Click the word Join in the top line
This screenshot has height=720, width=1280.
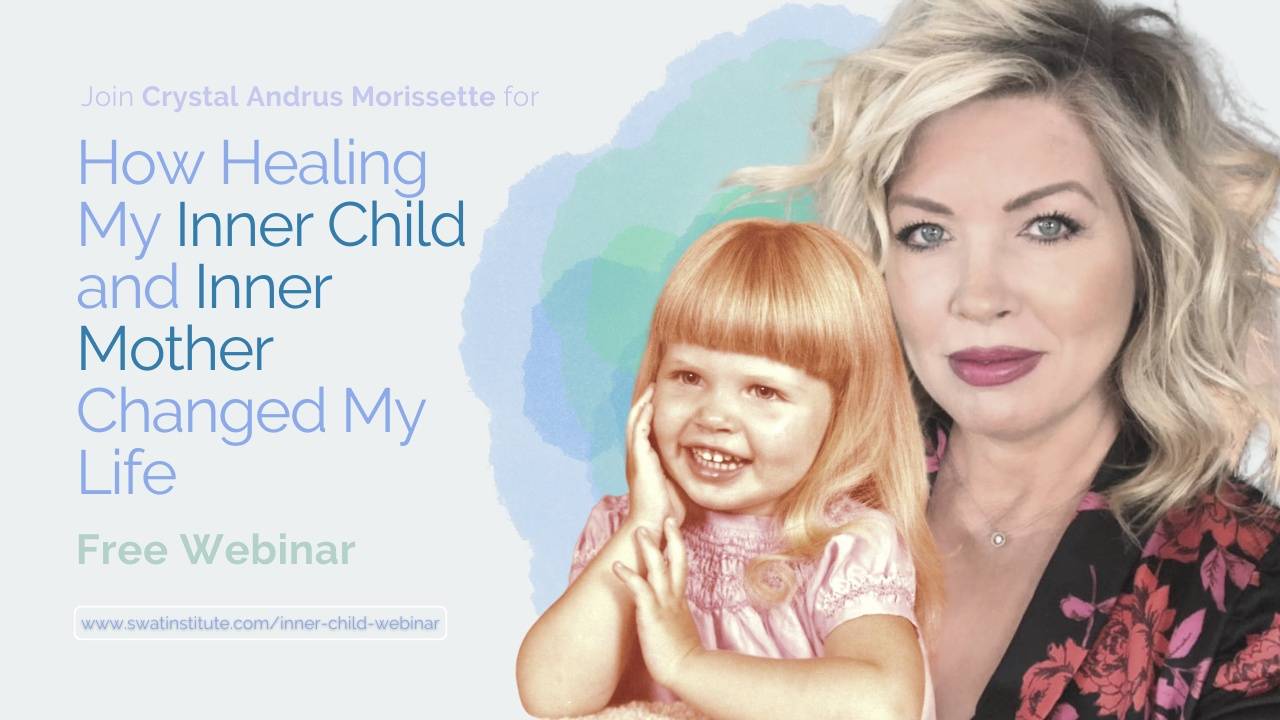coord(107,97)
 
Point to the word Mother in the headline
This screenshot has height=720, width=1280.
coord(175,348)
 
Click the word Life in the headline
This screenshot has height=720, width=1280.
coord(126,472)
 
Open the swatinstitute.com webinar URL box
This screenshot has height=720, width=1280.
coord(260,623)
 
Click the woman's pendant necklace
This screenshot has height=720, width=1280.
coord(997,539)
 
